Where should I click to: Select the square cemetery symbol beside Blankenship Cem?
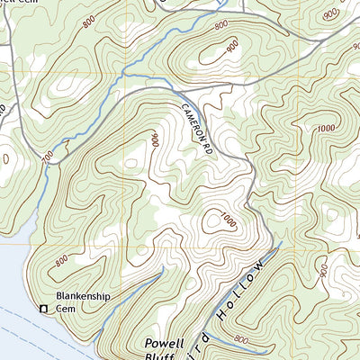pyautogui.click(x=42, y=310)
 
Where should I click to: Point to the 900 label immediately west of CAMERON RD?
pyautogui.click(x=154, y=140)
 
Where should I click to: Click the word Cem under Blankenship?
pyautogui.click(x=65, y=309)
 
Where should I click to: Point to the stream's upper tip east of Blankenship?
pyautogui.click(x=163, y=267)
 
